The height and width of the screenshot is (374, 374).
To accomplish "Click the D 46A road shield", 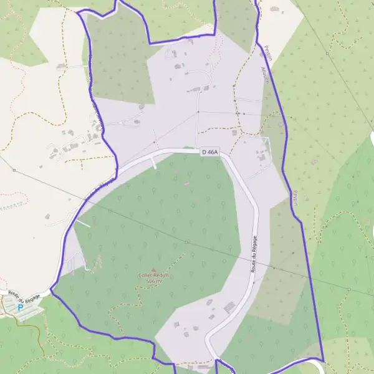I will tap(209, 151).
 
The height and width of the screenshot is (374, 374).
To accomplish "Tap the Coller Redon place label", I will tap(153, 275).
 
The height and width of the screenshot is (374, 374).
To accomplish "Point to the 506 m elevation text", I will tap(153, 282).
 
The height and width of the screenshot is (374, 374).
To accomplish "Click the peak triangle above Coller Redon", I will tap(153, 269).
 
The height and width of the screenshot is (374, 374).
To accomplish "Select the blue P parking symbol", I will tap(21, 307).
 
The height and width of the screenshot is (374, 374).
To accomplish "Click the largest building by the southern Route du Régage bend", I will tap(229, 307).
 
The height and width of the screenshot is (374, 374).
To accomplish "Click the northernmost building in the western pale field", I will tap(62, 65).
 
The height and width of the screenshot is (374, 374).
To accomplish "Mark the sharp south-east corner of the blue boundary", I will tap(324, 360).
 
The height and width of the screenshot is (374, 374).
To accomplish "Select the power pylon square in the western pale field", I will tap(14, 170).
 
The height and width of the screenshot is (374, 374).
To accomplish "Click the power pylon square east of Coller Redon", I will tap(186, 241).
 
